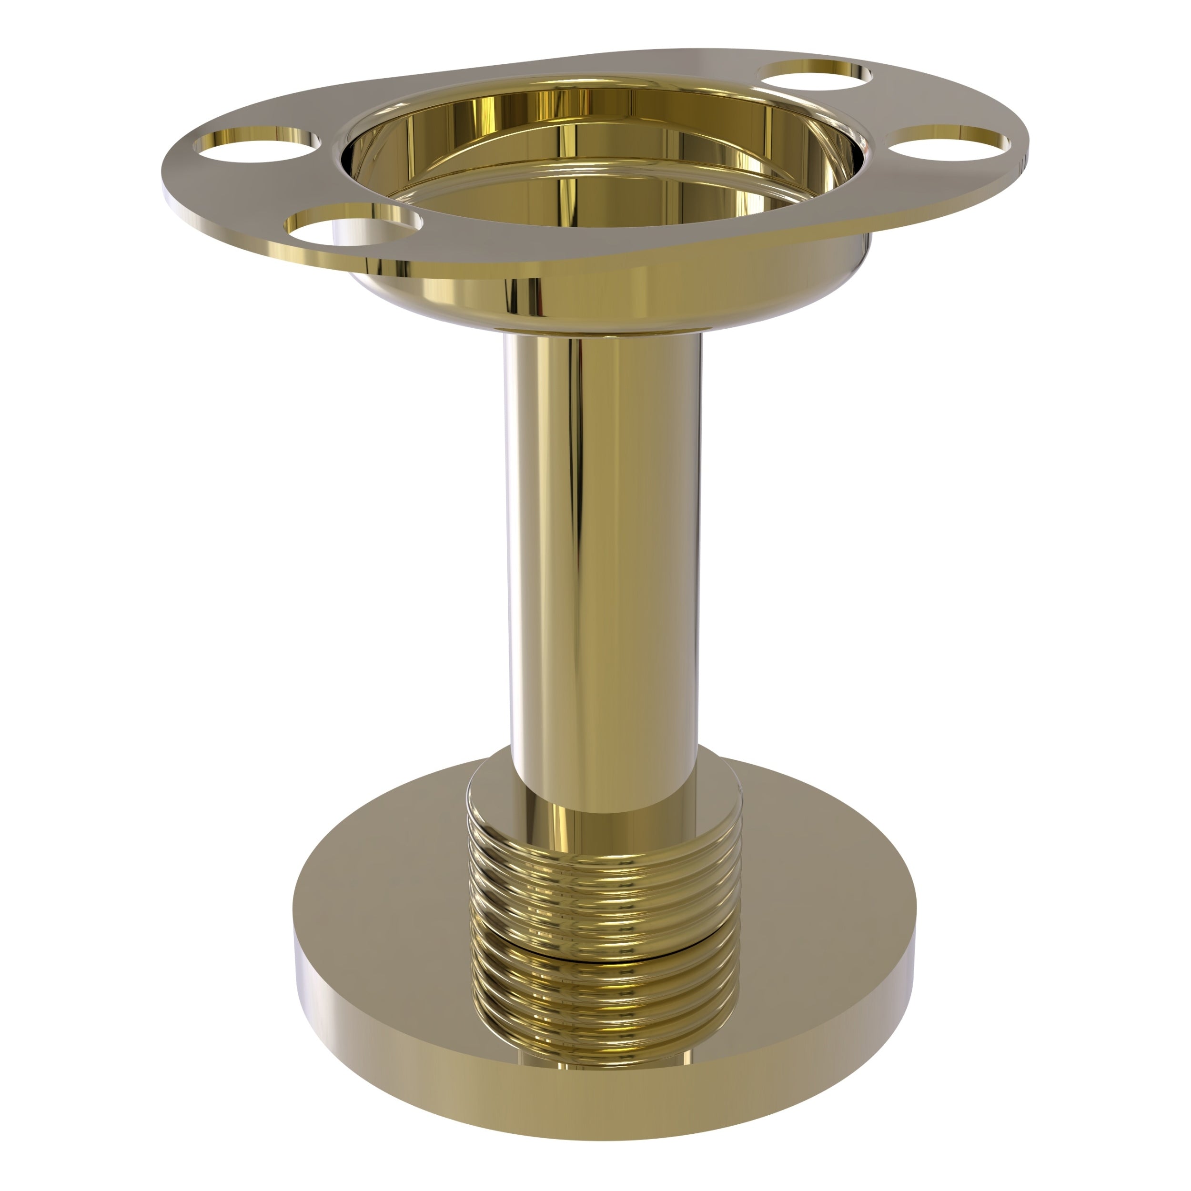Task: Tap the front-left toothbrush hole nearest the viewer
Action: [353, 227]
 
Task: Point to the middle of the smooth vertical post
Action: [601, 543]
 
